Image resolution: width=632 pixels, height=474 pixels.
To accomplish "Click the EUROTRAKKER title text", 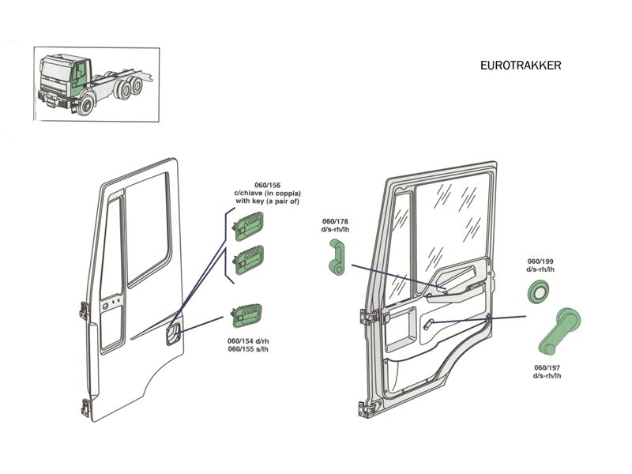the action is [x=521, y=66].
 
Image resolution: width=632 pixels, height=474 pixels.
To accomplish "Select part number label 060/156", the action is [x=267, y=186].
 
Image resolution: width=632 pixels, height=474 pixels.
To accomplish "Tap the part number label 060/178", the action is [x=335, y=221].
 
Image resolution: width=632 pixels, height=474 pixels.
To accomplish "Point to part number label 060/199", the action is [x=540, y=261].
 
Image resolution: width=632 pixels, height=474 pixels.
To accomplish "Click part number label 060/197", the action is [x=547, y=367].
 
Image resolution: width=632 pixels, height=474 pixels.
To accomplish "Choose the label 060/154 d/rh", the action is [x=248, y=341].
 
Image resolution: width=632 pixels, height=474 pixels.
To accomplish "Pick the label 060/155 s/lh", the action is [x=248, y=349].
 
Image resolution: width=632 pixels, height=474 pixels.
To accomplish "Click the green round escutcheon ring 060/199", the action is [x=539, y=291].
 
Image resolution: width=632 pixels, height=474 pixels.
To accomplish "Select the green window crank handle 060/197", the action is [x=559, y=331].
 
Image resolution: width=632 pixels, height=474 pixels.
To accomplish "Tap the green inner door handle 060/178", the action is [x=337, y=257].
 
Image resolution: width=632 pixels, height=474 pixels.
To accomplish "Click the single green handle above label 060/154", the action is [x=246, y=315].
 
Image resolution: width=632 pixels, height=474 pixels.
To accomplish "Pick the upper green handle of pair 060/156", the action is [x=248, y=227].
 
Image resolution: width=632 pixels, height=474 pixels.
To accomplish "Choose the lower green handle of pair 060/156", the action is [x=248, y=260].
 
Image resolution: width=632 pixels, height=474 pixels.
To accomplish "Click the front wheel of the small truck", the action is [x=85, y=104].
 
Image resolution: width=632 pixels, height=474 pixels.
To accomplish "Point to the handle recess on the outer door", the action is [x=173, y=335].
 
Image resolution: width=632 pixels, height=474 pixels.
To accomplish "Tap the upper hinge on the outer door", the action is [x=84, y=310].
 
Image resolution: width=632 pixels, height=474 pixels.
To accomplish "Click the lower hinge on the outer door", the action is [x=85, y=409].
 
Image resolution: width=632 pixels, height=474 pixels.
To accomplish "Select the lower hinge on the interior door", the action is [x=364, y=408].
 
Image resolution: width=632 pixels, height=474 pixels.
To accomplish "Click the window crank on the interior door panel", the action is [x=428, y=324].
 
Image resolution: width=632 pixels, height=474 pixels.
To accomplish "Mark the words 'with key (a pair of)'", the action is [x=267, y=201].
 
